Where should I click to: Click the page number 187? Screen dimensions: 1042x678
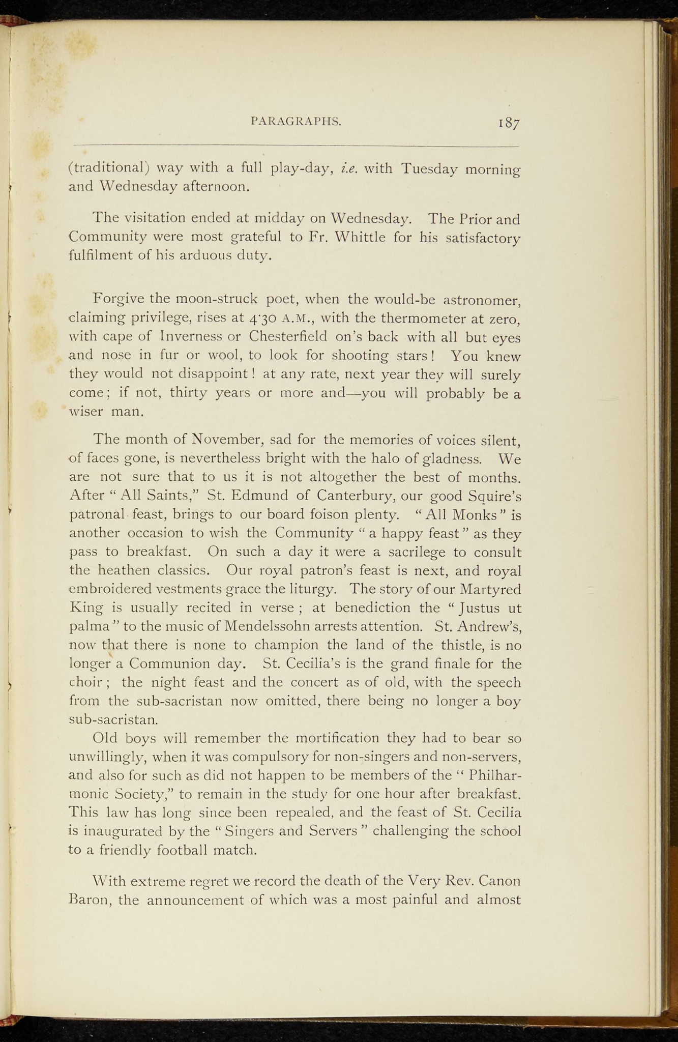point(509,124)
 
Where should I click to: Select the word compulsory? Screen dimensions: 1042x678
point(268,757)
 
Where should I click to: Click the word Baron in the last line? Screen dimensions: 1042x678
point(89,900)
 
